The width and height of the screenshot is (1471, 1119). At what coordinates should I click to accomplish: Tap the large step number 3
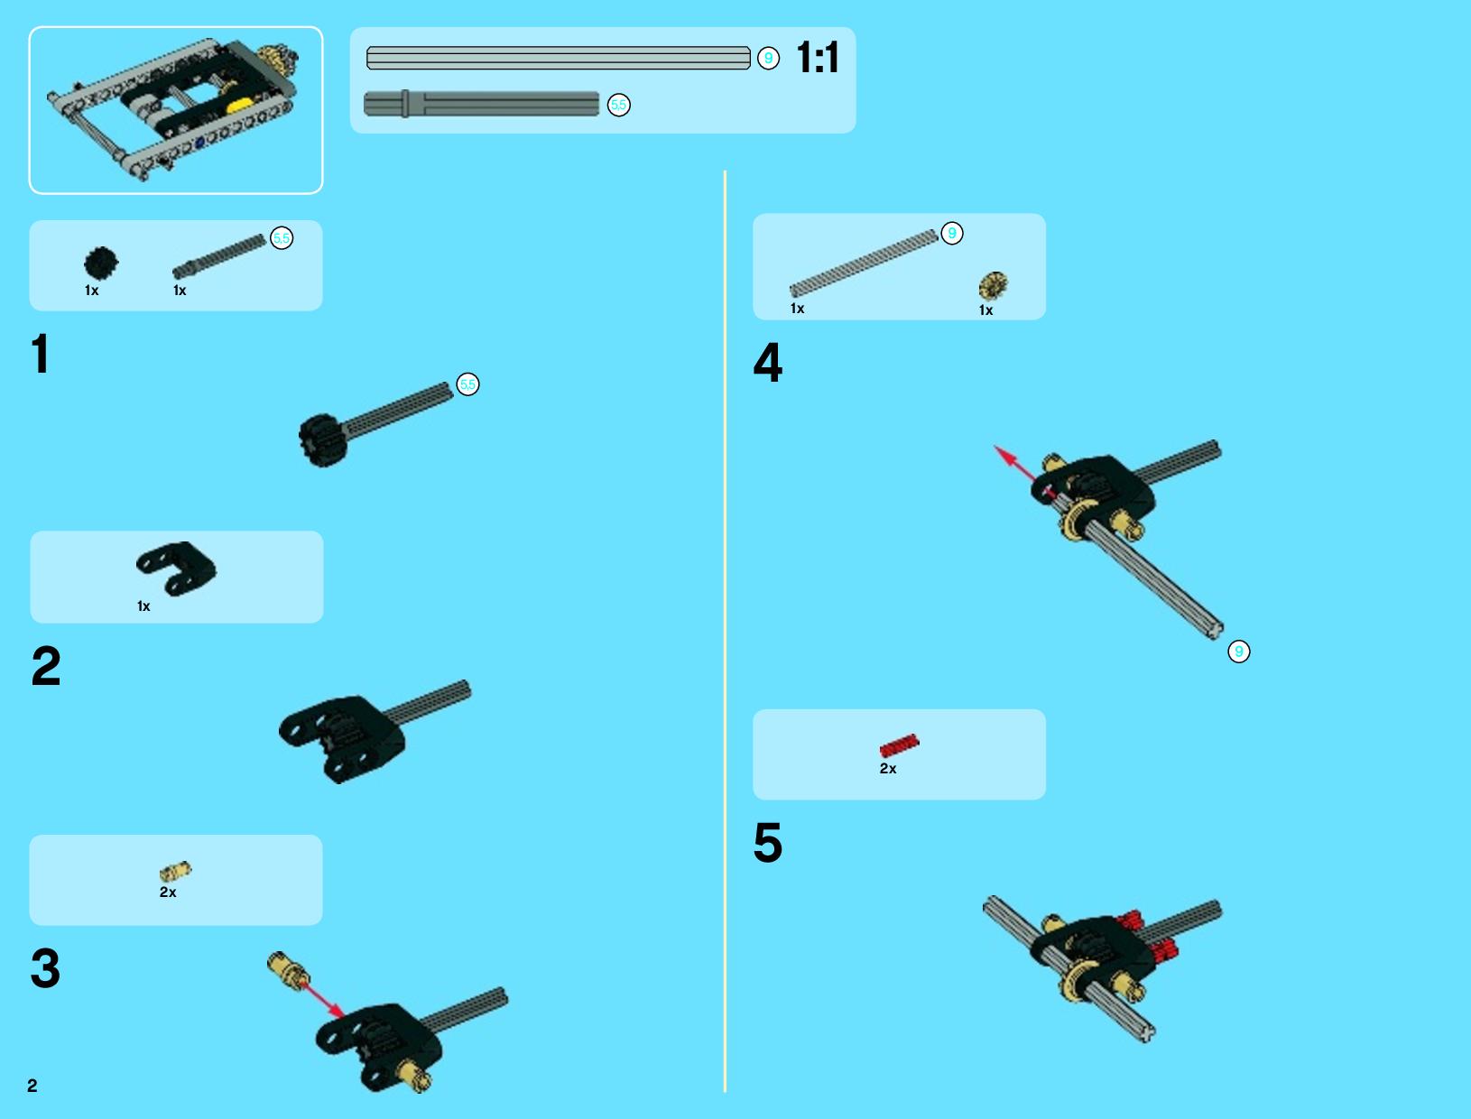pos(45,968)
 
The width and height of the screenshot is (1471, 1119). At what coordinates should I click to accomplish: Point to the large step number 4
pos(767,363)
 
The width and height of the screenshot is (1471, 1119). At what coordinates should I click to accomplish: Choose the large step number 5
pos(768,842)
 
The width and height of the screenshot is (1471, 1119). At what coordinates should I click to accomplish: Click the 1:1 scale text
pos(818,58)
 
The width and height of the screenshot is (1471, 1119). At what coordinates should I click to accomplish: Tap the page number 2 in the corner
pos(32,1086)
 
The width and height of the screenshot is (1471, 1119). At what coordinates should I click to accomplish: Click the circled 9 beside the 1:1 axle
pos(768,59)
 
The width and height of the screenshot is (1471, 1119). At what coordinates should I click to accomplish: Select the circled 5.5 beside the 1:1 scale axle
pos(618,105)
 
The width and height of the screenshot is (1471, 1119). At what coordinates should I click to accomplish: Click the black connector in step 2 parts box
pos(176,569)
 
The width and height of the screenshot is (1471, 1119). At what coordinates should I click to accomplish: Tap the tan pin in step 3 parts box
pos(176,871)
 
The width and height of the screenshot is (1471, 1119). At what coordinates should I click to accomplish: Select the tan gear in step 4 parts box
pos(994,285)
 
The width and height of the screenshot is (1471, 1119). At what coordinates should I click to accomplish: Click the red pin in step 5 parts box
pos(900,745)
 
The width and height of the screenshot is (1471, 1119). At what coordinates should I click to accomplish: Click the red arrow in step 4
pos(1020,468)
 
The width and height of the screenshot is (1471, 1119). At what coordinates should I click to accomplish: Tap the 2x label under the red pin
pos(888,769)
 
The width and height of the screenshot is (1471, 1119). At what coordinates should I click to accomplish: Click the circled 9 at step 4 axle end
pos(1238,652)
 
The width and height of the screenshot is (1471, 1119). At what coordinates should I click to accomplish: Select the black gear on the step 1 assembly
pos(323,439)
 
